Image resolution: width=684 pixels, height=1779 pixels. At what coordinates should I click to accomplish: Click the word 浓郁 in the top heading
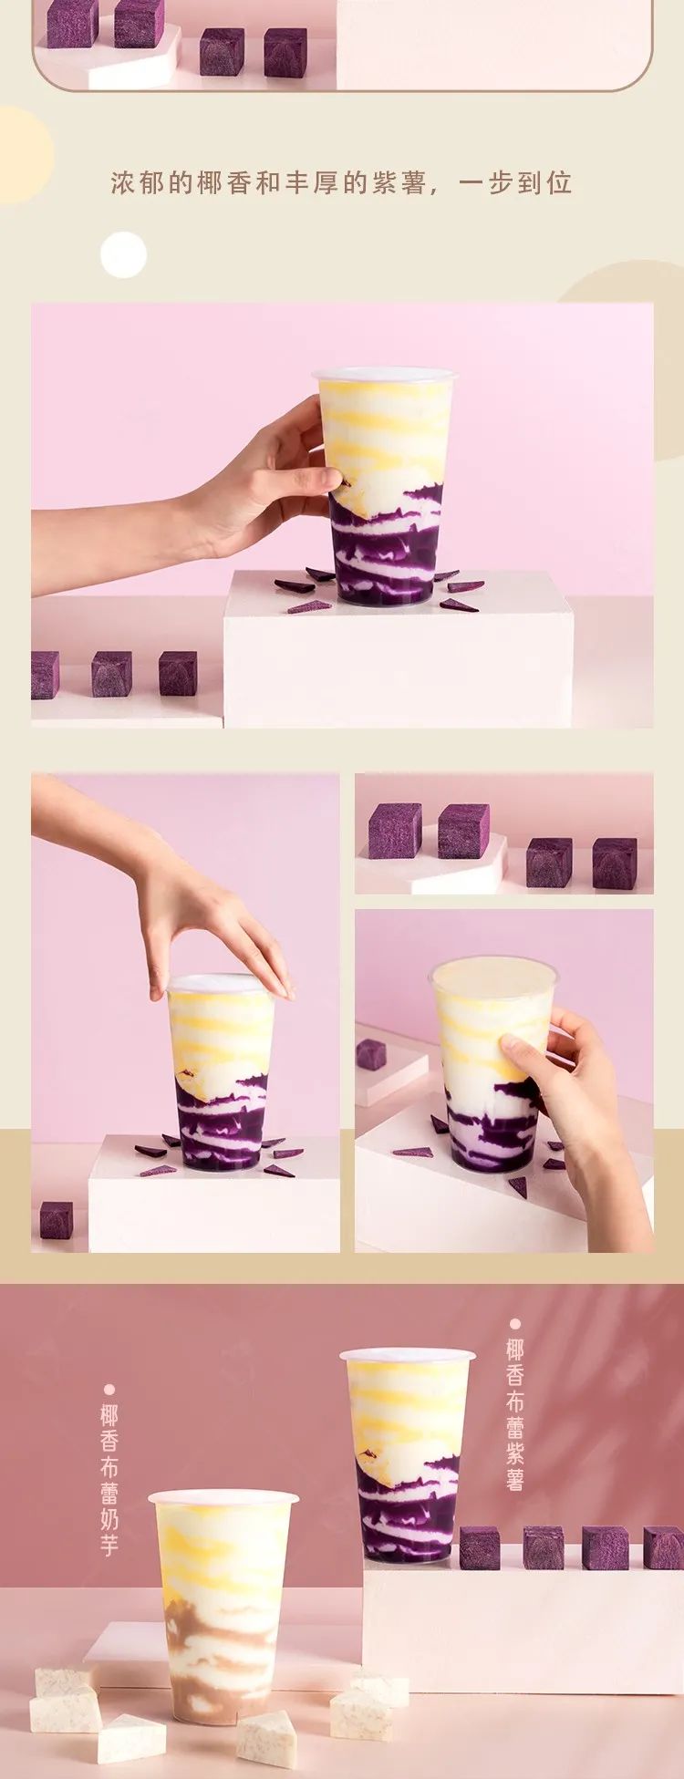point(139,182)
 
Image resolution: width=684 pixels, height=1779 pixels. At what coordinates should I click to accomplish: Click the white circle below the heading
point(123,254)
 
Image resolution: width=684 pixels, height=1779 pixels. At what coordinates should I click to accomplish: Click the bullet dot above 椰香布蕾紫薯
point(515,1323)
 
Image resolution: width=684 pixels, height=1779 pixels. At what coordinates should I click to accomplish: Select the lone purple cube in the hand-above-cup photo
point(57,1220)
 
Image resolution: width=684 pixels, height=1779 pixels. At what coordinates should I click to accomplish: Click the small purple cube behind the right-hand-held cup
point(371,1054)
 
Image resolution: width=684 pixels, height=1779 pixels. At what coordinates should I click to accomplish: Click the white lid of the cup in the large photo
point(384,374)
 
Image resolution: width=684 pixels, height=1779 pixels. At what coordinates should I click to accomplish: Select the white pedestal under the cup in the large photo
point(399,649)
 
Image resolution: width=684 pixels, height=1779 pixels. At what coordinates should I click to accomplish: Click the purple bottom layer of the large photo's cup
point(386,547)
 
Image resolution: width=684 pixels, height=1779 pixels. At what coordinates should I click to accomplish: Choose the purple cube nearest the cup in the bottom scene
point(480,1547)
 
